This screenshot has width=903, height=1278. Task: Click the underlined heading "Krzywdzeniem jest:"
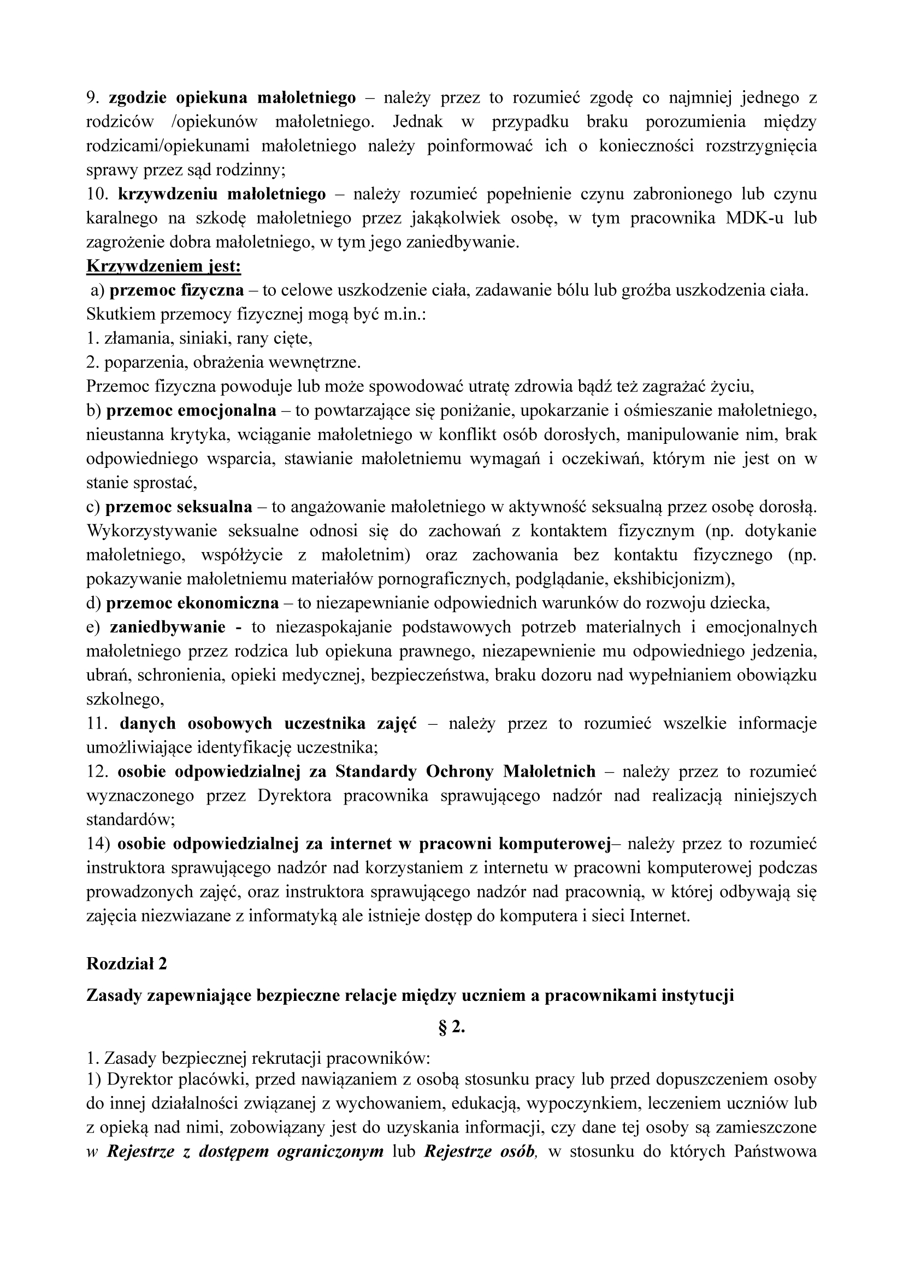[163, 267]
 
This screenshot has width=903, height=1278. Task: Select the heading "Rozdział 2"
[126, 964]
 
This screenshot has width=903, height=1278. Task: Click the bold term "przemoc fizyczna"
[176, 291]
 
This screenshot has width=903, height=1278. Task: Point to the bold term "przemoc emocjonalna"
[191, 411]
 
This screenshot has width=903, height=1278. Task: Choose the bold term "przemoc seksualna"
[179, 507]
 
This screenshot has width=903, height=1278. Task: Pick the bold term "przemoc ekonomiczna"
[192, 603]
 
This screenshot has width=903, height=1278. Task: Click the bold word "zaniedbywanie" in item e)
[168, 628]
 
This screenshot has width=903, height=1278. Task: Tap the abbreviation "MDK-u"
[754, 218]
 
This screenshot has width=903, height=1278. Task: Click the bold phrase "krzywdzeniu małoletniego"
[222, 194]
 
